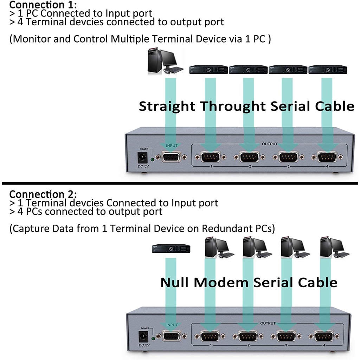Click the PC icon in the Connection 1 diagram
pos(165,62)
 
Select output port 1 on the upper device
pos(211,157)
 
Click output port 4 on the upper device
pos(327,157)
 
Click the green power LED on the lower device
pos(153,339)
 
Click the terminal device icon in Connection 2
pos(171,249)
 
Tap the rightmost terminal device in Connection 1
pos(328,69)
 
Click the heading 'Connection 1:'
pos(43,5)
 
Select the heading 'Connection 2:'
pos(43,194)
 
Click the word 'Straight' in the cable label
pos(167,106)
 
